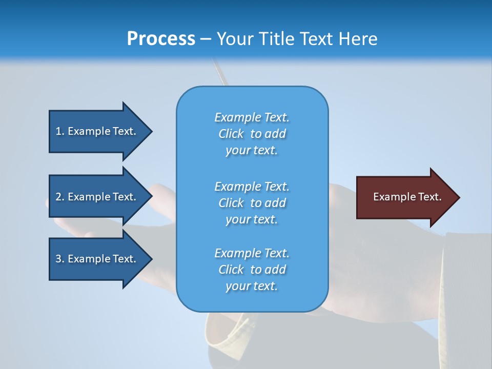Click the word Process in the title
point(161,39)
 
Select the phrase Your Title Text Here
point(297,39)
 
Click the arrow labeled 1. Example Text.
point(97,131)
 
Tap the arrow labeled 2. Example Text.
point(97,197)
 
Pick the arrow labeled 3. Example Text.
point(97,259)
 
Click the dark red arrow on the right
point(405,197)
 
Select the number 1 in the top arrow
point(58,131)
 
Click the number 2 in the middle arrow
point(58,197)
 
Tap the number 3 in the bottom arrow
point(58,259)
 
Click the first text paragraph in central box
point(252,134)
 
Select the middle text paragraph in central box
point(252,203)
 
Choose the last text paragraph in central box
point(252,270)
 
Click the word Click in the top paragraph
point(231,134)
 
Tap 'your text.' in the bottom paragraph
point(252,286)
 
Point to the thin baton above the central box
point(219,72)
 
